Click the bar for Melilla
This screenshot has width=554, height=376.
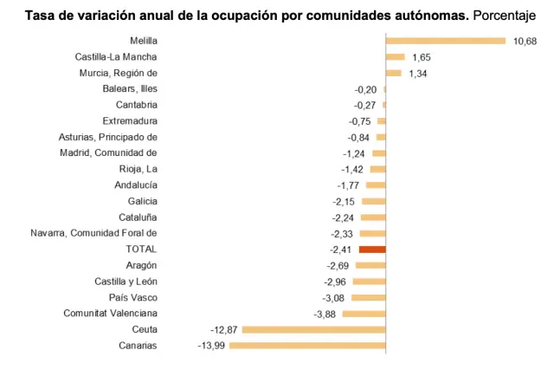445,41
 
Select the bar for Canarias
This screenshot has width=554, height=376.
306,346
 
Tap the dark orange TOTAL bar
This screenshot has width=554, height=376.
372,250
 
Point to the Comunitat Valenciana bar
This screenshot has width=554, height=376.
364,314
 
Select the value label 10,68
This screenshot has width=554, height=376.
525,41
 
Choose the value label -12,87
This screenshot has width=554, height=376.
223,330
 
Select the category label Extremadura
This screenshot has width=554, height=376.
130,121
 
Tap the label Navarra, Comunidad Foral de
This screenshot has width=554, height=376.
93,233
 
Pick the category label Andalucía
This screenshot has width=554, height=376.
136,185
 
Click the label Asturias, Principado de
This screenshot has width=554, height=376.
107,137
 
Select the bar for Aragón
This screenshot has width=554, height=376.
370,265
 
